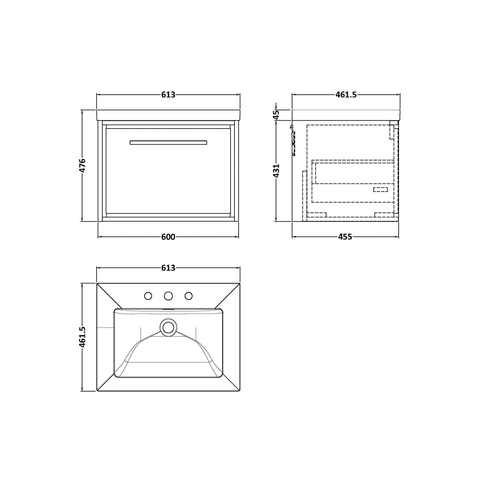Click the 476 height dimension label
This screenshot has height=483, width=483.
(x=83, y=166)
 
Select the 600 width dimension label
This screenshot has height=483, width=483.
(x=168, y=237)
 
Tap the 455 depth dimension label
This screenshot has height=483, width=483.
(x=345, y=237)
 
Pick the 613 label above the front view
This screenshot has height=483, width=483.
(x=168, y=95)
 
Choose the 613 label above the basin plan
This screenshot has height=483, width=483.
(x=168, y=268)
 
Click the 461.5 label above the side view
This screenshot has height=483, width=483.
(x=346, y=95)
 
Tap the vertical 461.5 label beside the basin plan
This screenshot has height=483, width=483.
(x=83, y=337)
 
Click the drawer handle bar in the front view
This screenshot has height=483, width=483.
(x=168, y=143)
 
